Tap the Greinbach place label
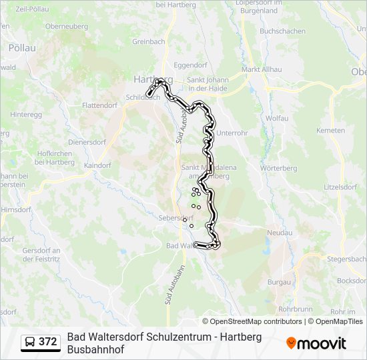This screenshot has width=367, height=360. pos(148,41)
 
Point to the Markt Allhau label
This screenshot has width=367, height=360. pos(260,69)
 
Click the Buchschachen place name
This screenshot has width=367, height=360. pos(283,31)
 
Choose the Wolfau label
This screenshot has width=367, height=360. pos(277,118)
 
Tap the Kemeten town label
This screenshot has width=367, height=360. pos(330,130)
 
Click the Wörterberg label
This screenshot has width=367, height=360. pos(280,169)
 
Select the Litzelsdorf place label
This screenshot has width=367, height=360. pos(340,187)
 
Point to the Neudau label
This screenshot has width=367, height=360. pos(280,233)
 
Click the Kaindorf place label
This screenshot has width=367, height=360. pos(97,165)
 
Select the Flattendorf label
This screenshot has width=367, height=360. pos(99,105)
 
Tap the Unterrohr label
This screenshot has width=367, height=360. pos(232,133)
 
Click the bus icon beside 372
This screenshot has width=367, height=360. pos(31,342)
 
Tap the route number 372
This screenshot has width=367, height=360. pos(48,342)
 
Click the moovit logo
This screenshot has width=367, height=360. pos(316,343)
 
